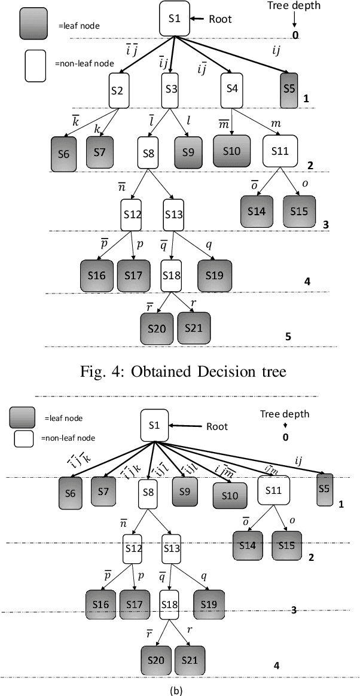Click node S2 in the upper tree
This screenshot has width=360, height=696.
118,90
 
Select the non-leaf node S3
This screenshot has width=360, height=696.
172,90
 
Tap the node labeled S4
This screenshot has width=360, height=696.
233,88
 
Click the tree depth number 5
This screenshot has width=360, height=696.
288,337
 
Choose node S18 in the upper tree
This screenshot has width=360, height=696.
172,275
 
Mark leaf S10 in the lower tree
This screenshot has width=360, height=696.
229,496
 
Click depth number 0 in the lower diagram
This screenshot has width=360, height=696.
285,436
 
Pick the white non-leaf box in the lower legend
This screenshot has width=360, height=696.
23,439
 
